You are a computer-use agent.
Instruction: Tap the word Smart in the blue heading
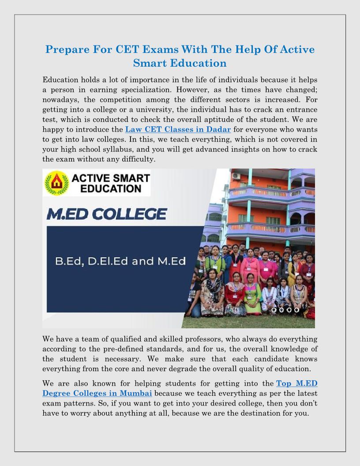[x=153, y=63]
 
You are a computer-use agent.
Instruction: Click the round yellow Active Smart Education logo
[x=56, y=183]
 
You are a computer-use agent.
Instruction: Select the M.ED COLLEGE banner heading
[x=107, y=214]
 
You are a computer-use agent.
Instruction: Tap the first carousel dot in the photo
[x=274, y=310]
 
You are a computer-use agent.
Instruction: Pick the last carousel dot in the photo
[x=297, y=310]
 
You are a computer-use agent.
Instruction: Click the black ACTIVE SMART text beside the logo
[x=111, y=180]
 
